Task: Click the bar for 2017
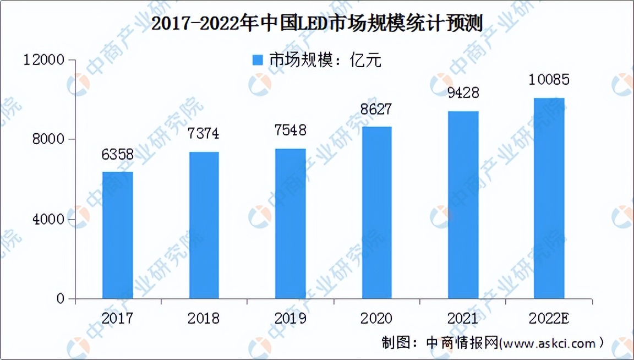118,236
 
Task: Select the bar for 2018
204,226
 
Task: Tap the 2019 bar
290,224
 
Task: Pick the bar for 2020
376,213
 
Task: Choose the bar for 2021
463,205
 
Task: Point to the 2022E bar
549,199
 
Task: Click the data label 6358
117,155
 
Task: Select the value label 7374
204,134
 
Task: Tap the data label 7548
290,130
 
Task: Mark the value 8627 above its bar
376,109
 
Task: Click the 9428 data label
463,92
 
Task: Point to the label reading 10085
549,80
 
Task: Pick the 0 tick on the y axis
60,299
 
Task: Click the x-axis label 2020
376,318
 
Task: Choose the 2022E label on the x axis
549,318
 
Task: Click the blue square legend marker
258,60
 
